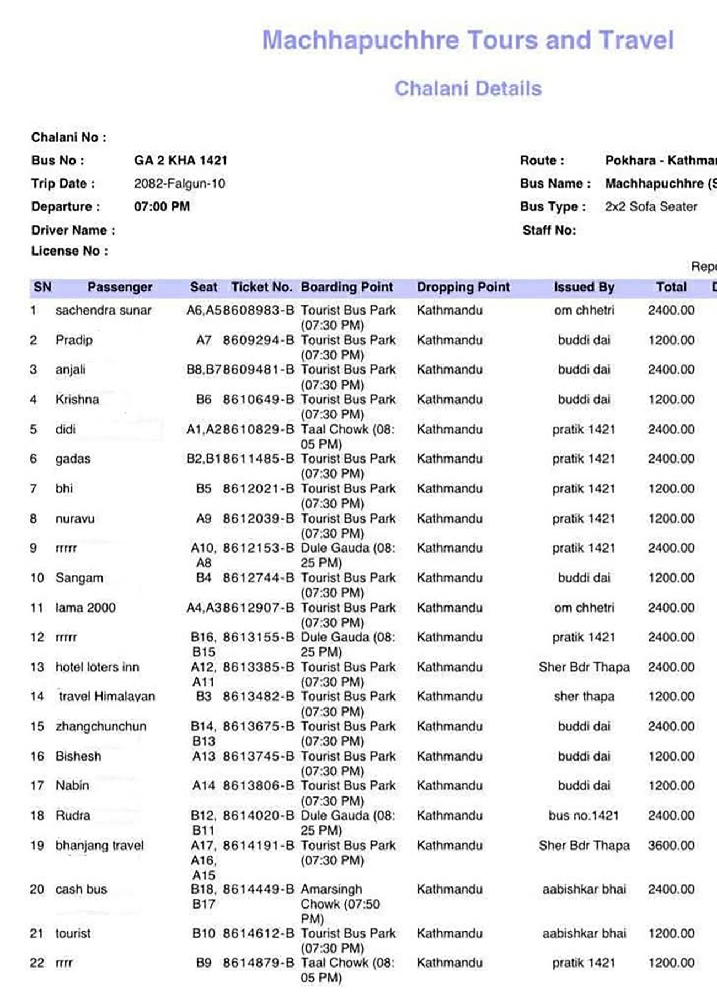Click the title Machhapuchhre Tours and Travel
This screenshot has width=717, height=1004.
(468, 40)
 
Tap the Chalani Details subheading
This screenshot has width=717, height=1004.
(468, 88)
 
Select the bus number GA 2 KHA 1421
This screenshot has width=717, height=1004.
(180, 161)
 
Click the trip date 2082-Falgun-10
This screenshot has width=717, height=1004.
(179, 184)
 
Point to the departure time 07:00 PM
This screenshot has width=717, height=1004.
(162, 207)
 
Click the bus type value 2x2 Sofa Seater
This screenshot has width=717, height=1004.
(651, 207)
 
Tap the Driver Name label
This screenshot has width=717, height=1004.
(73, 230)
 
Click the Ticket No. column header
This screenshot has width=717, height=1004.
(261, 287)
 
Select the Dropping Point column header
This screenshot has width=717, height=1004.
(463, 287)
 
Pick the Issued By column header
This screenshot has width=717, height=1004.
(584, 287)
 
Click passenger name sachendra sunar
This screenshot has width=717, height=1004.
(103, 310)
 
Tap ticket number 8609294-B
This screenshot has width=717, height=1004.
(258, 340)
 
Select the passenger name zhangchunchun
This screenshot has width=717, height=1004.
(101, 726)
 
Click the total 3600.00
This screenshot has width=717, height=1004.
(671, 846)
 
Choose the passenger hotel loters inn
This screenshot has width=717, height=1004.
(97, 667)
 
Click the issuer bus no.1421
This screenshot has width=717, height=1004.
(584, 816)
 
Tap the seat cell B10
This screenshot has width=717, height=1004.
(204, 933)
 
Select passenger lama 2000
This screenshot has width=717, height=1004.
(85, 608)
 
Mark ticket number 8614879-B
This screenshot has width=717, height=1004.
(258, 963)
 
